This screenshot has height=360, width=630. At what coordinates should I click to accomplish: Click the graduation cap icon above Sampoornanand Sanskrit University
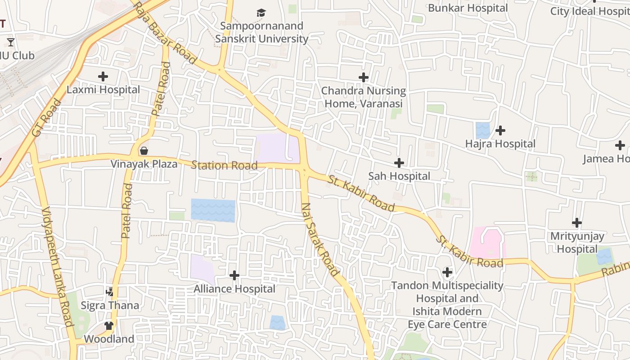(261, 13)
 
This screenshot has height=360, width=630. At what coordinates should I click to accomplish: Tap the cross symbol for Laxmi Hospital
(103, 76)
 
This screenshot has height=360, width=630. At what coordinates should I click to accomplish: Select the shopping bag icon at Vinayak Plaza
(144, 150)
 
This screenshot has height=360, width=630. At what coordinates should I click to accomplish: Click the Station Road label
(224, 165)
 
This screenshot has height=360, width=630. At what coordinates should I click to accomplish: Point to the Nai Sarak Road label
(319, 239)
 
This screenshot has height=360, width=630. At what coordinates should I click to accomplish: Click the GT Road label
(47, 118)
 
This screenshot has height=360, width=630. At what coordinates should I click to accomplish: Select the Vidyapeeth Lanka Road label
(57, 267)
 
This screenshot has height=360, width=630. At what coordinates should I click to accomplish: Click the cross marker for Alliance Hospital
(234, 275)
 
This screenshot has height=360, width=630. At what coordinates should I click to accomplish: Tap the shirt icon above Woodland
(109, 325)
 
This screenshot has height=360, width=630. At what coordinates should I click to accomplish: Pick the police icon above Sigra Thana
(110, 292)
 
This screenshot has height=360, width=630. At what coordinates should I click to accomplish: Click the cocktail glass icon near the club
(11, 42)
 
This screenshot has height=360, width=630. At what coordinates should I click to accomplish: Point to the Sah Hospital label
(399, 176)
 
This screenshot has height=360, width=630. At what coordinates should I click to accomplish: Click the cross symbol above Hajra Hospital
(500, 130)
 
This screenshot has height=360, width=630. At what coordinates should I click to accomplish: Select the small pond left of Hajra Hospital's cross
(482, 130)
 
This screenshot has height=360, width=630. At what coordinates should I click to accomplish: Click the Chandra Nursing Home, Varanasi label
(363, 97)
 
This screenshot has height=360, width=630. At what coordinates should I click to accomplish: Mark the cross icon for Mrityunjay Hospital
(577, 223)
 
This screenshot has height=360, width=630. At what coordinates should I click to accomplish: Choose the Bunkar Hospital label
(468, 8)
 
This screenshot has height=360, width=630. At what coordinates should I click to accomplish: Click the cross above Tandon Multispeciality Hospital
(447, 272)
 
